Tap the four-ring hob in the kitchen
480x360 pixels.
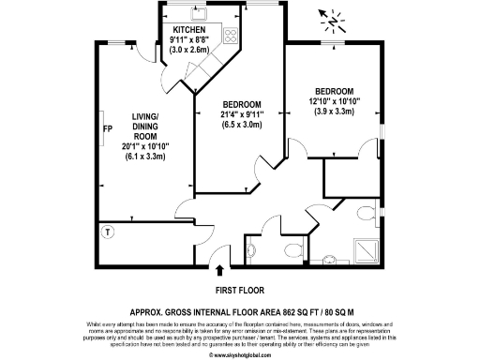(229, 38)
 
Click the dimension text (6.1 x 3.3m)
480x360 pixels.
(144, 157)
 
